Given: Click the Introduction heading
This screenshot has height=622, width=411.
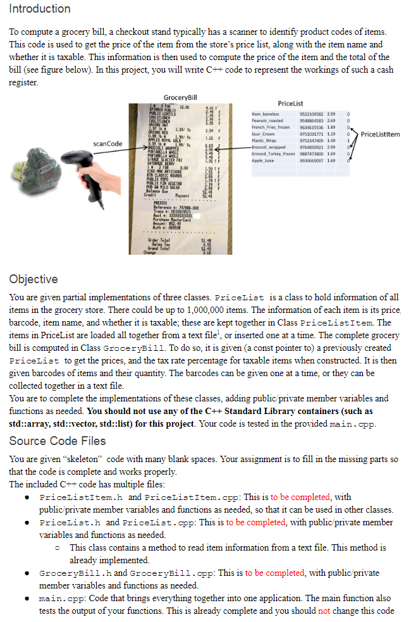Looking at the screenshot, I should point(40,9).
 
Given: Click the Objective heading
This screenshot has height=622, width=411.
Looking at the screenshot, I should point(34,279).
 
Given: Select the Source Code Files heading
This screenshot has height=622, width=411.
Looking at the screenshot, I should point(58,441).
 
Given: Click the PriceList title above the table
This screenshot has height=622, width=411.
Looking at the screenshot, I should point(290,103).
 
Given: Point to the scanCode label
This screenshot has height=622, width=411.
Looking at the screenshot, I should point(107,143).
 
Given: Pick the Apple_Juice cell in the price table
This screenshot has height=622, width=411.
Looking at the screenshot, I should point(263,160).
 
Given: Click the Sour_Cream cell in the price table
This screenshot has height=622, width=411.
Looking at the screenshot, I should point(264,134).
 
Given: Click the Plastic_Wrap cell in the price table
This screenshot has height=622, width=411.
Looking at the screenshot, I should point(264,140).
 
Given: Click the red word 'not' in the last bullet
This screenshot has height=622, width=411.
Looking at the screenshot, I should point(324,611).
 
